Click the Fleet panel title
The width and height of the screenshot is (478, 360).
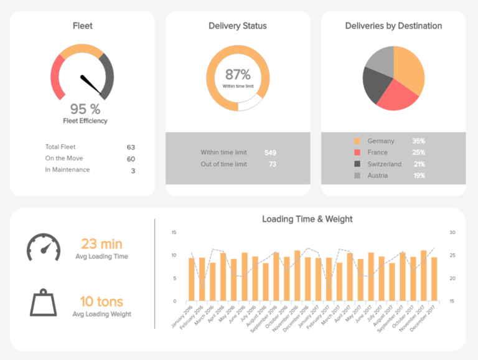pyautogui.click(x=82, y=26)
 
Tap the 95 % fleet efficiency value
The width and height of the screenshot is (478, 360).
pyautogui.click(x=85, y=109)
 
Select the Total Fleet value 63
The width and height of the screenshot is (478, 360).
pyautogui.click(x=131, y=148)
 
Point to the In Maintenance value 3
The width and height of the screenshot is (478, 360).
pyautogui.click(x=133, y=170)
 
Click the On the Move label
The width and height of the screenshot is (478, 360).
pyautogui.click(x=63, y=159)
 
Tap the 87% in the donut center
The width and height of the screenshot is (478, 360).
pyautogui.click(x=237, y=74)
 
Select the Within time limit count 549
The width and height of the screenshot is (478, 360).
pyautogui.click(x=270, y=153)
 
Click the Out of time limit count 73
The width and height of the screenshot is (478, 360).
pyautogui.click(x=272, y=164)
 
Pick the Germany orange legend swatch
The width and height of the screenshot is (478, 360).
pyautogui.click(x=357, y=141)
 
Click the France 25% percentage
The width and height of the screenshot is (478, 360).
pyautogui.click(x=418, y=153)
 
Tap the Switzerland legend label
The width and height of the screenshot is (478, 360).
pyautogui.click(x=384, y=164)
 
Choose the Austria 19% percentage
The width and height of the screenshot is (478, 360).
pyautogui.click(x=418, y=176)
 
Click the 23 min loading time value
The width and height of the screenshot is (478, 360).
pyautogui.click(x=101, y=244)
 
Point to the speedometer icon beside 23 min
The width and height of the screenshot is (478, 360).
pyautogui.click(x=43, y=247)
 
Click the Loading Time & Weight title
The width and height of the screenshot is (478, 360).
pyautogui.click(x=307, y=219)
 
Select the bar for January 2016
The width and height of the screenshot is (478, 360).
pyautogui.click(x=192, y=279)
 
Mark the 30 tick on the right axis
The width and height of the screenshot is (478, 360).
pyautogui.click(x=452, y=232)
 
